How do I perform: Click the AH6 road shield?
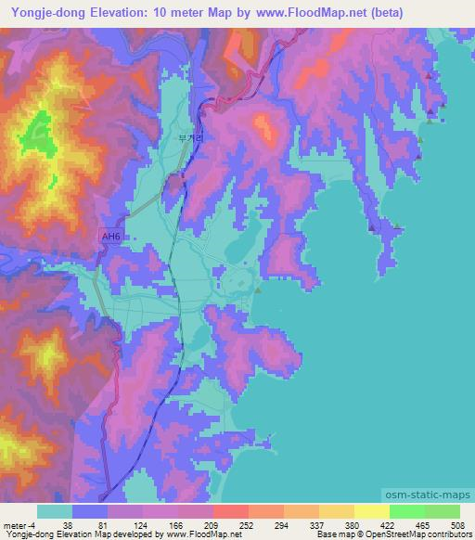tap(110, 238)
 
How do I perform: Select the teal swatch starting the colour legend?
tap(55, 511)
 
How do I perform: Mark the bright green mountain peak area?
tap(39, 131)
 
